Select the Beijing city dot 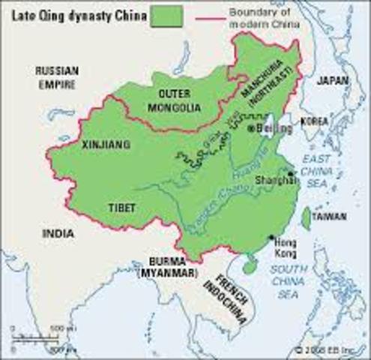(x=250, y=128)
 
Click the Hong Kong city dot (x=271, y=238)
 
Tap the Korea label (x=316, y=120)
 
